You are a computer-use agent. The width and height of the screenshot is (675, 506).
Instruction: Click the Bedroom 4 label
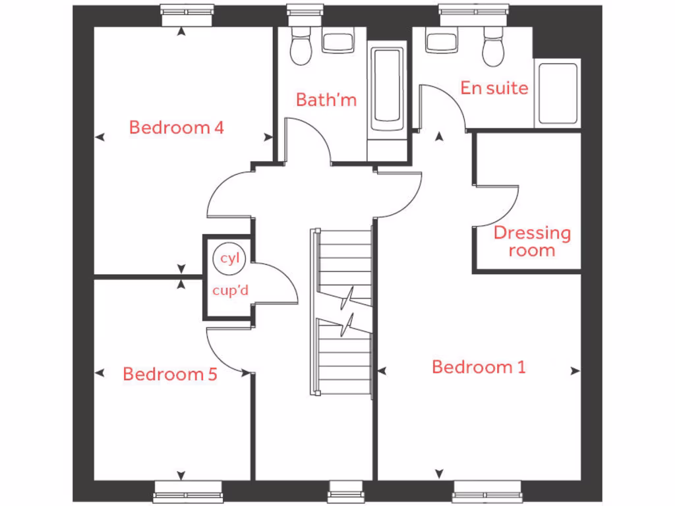point(176,127)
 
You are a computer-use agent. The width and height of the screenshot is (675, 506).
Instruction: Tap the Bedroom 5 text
point(170,374)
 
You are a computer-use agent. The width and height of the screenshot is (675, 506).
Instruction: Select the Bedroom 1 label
point(479,367)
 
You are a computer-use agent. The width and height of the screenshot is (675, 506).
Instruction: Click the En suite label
point(494,88)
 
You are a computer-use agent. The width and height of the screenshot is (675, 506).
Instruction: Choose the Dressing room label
point(532,241)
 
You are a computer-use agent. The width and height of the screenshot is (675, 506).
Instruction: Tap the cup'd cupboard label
point(229,291)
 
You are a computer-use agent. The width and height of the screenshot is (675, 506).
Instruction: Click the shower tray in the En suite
point(558,94)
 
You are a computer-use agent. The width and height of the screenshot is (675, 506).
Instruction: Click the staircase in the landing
point(343,310)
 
